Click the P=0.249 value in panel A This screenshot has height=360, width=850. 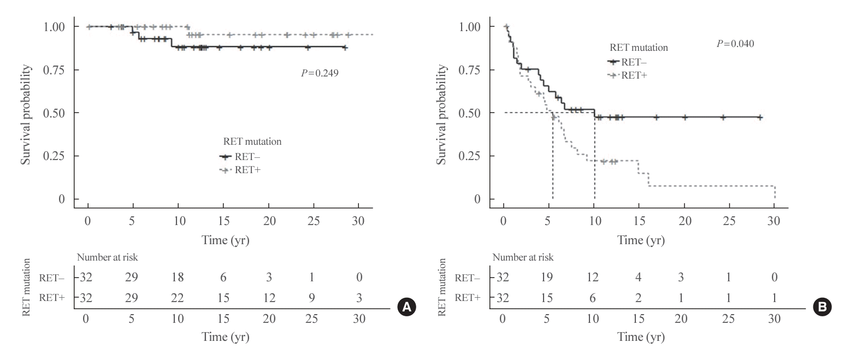(x=320, y=72)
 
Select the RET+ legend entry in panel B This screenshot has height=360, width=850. (x=634, y=75)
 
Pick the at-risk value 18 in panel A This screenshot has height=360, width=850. (x=177, y=278)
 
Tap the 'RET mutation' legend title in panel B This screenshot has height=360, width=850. (x=639, y=48)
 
